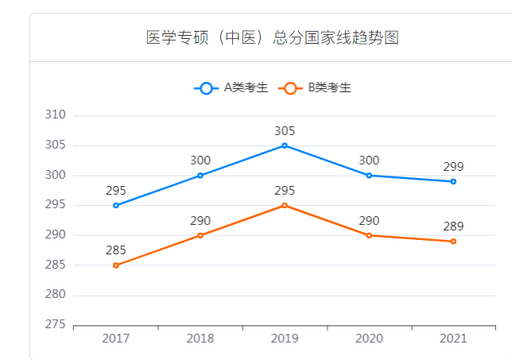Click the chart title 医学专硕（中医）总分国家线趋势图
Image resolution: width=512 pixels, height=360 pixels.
click(x=272, y=37)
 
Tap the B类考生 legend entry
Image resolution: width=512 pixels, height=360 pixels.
click(x=317, y=88)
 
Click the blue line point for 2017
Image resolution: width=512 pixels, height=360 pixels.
click(x=116, y=205)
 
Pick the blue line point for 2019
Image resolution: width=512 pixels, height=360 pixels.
click(x=285, y=145)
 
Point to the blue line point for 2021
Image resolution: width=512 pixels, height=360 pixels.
click(x=453, y=181)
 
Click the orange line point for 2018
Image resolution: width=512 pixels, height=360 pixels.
click(x=200, y=235)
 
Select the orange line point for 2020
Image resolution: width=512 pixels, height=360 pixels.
click(x=369, y=235)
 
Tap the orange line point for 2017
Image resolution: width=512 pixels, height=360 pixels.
click(x=116, y=265)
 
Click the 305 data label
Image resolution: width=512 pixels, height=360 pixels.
click(x=285, y=130)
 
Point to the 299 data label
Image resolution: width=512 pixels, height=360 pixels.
click(x=453, y=167)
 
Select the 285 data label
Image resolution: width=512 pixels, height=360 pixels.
click(x=116, y=250)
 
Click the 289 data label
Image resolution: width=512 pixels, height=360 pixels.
click(x=453, y=226)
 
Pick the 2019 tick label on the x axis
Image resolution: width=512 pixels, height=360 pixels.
click(x=285, y=339)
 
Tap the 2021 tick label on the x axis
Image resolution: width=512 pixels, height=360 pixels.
click(x=453, y=339)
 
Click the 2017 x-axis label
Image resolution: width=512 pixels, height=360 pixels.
click(x=116, y=339)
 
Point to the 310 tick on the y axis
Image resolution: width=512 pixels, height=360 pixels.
click(x=54, y=115)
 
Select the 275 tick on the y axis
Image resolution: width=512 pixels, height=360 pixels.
click(x=54, y=325)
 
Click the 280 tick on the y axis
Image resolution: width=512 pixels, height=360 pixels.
click(x=54, y=295)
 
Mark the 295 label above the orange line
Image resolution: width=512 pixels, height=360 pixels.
click(x=285, y=191)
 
